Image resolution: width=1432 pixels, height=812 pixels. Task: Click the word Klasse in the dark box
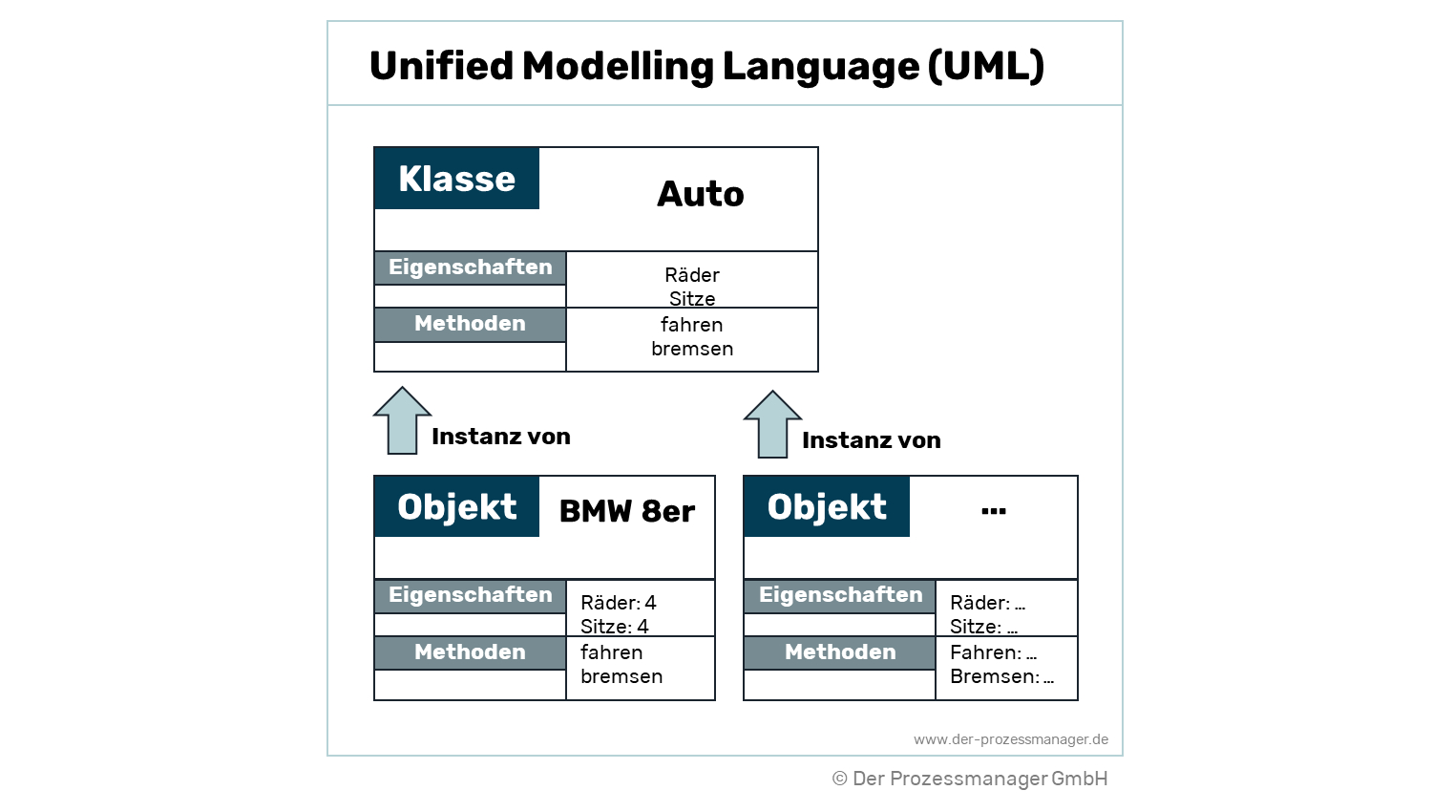[456, 179]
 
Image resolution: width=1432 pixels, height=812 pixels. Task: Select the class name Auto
[700, 194]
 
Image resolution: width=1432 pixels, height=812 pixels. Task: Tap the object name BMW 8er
[626, 511]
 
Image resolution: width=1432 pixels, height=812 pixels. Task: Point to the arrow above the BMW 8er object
[402, 420]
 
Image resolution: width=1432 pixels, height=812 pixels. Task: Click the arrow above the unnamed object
[772, 424]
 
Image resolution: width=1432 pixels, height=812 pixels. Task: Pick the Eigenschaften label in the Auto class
[470, 267]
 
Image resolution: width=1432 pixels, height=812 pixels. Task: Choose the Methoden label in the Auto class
[470, 324]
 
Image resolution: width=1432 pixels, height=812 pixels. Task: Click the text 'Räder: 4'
[618, 603]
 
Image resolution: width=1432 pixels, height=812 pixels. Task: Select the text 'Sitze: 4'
[614, 627]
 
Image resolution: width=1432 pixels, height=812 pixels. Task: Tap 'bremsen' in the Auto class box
[692, 349]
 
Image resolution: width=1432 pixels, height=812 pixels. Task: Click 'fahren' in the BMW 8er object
[611, 652]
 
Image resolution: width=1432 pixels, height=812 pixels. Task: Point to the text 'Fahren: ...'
[993, 652]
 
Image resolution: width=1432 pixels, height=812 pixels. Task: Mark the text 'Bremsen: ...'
[1001, 676]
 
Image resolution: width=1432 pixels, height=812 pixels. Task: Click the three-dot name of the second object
[993, 511]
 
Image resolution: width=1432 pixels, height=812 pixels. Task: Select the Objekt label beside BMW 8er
[456, 506]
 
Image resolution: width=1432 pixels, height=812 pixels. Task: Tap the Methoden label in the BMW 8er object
[470, 652]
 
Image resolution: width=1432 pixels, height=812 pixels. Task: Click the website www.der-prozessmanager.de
[1010, 739]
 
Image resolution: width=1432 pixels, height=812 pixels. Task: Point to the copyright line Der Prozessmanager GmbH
[970, 779]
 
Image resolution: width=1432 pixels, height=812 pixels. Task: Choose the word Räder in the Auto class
[692, 275]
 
